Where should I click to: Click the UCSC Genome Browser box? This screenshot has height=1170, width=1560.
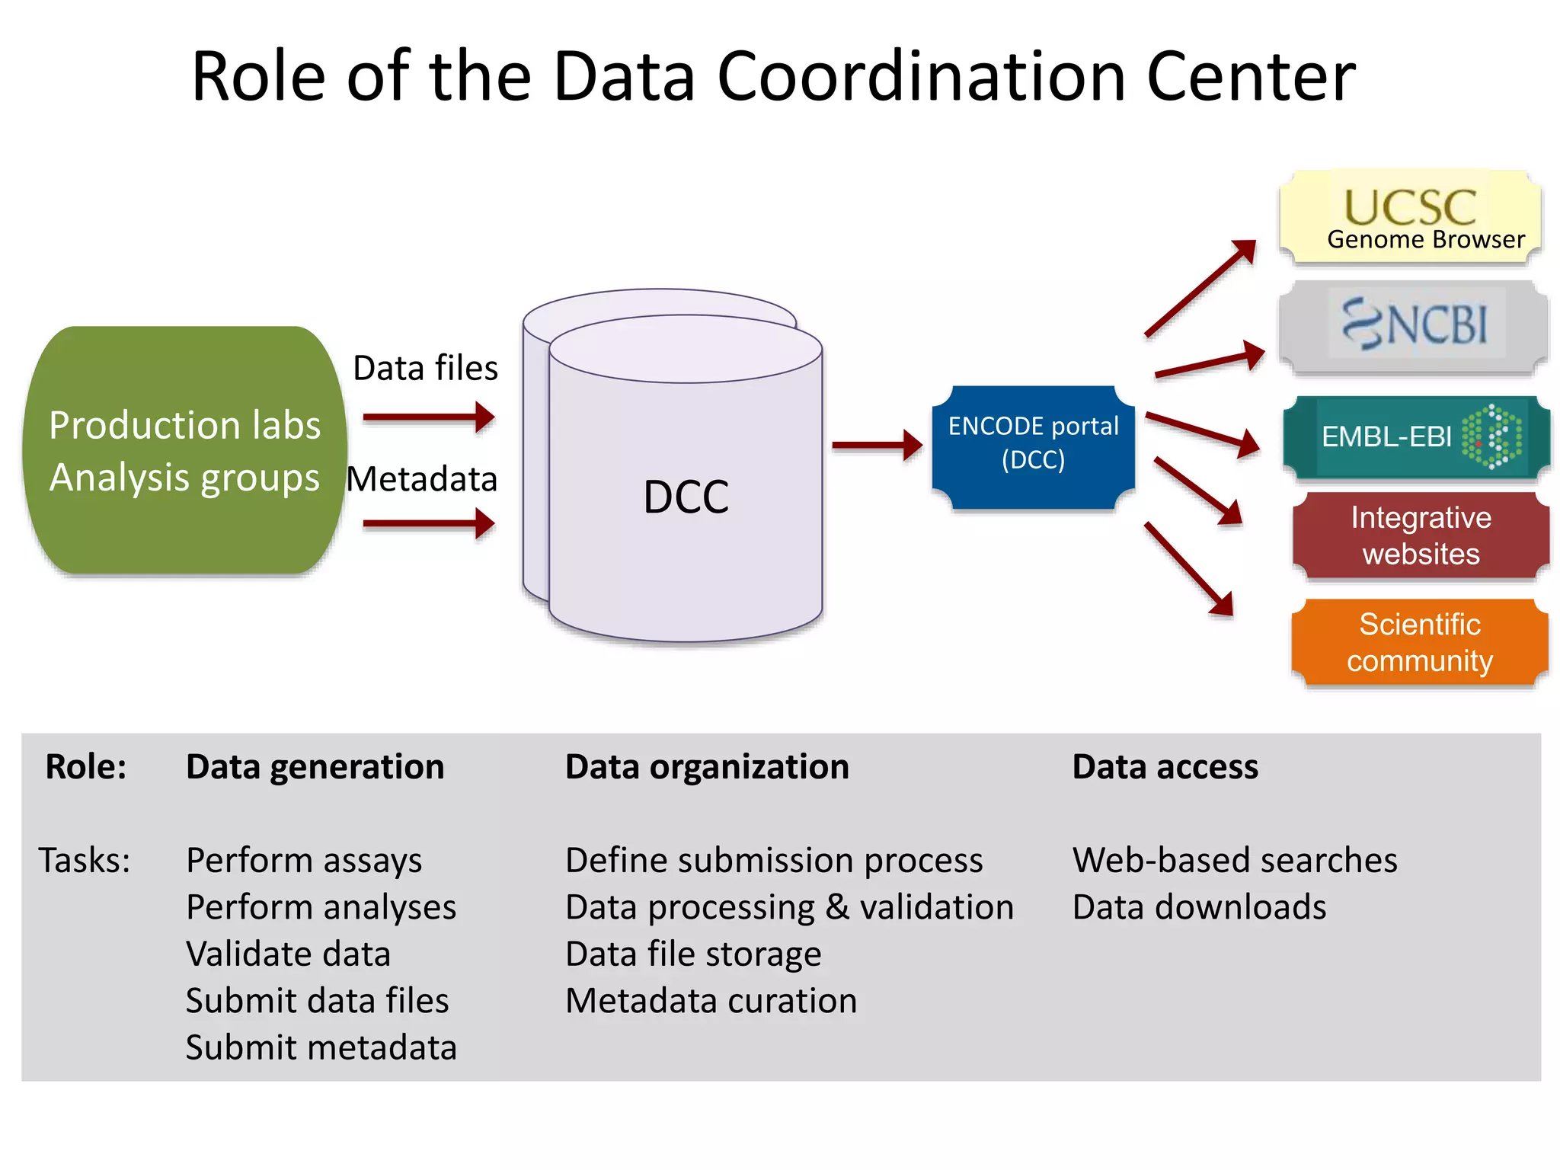(1411, 218)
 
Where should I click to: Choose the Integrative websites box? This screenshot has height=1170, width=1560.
(1421, 535)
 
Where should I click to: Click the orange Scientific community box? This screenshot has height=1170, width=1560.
(1420, 642)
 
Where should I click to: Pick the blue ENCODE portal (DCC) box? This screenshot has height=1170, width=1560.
(1033, 446)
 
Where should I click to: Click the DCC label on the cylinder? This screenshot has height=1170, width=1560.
(686, 497)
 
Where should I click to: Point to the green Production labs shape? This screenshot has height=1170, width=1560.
(184, 450)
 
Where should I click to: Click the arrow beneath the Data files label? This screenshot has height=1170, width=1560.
(429, 417)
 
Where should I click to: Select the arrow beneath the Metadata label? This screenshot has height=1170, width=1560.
(429, 524)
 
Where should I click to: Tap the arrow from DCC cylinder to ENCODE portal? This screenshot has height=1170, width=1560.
(876, 445)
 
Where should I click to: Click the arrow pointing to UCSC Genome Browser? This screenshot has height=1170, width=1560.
(1200, 288)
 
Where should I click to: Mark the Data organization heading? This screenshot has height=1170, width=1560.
(706, 766)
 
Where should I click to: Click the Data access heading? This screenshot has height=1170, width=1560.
(1165, 766)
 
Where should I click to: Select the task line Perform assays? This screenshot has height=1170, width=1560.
(304, 861)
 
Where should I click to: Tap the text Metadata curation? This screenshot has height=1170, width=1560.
(711, 1001)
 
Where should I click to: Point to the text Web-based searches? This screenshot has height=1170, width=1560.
(1234, 861)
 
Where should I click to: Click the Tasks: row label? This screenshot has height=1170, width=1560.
(85, 861)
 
